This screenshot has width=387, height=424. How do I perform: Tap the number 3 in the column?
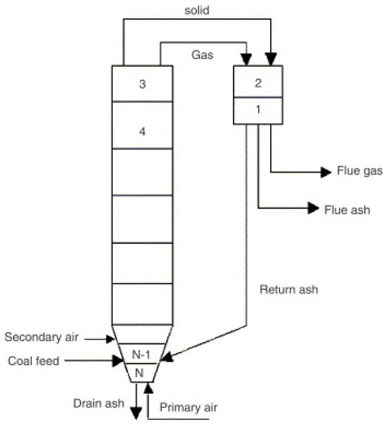142,85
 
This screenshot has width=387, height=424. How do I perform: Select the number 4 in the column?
142,131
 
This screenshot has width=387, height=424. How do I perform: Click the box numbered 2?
258,82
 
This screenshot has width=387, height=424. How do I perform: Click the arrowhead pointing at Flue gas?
326,172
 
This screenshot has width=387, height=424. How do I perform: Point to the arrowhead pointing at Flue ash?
312,208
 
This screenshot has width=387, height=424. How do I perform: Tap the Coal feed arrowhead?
120,361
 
